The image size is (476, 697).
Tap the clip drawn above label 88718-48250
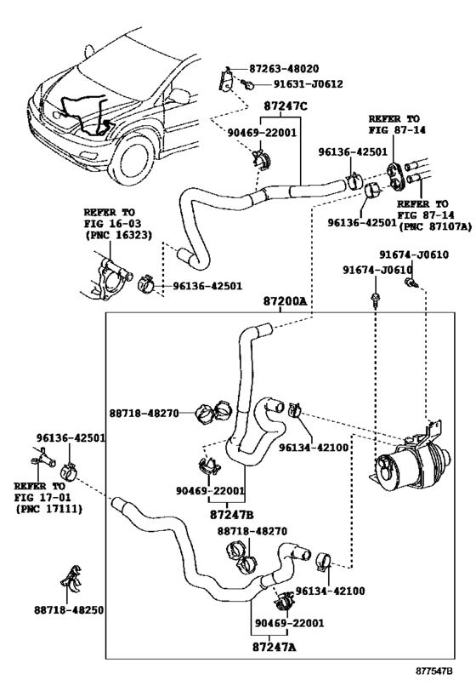click(x=73, y=578)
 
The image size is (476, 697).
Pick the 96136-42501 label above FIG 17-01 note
click(x=70, y=438)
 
